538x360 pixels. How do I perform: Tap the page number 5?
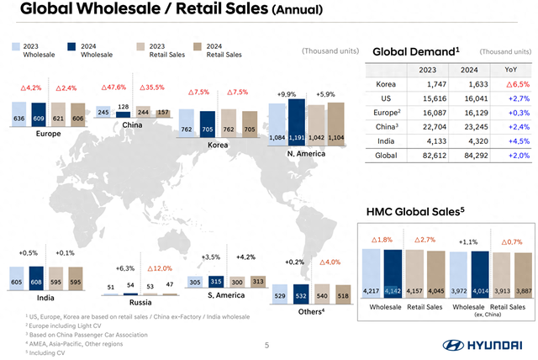coord(267,344)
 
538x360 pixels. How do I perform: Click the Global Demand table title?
coord(415,51)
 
